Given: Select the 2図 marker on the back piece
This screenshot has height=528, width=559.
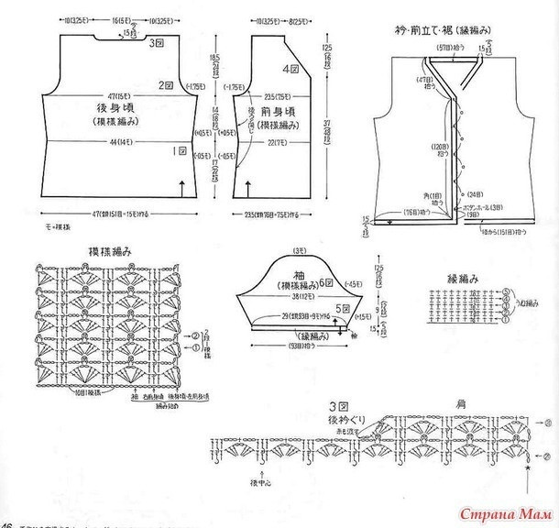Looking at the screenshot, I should pos(166,85).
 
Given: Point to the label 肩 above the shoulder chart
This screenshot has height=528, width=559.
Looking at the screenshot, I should pos(459,403).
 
